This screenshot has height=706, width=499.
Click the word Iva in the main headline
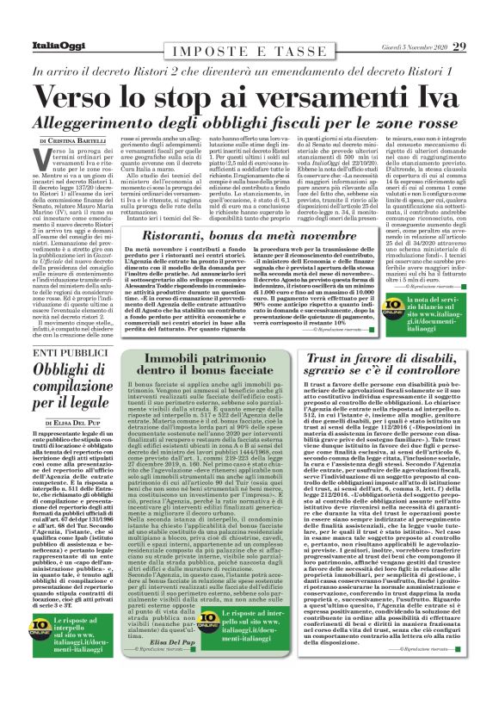435,93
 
